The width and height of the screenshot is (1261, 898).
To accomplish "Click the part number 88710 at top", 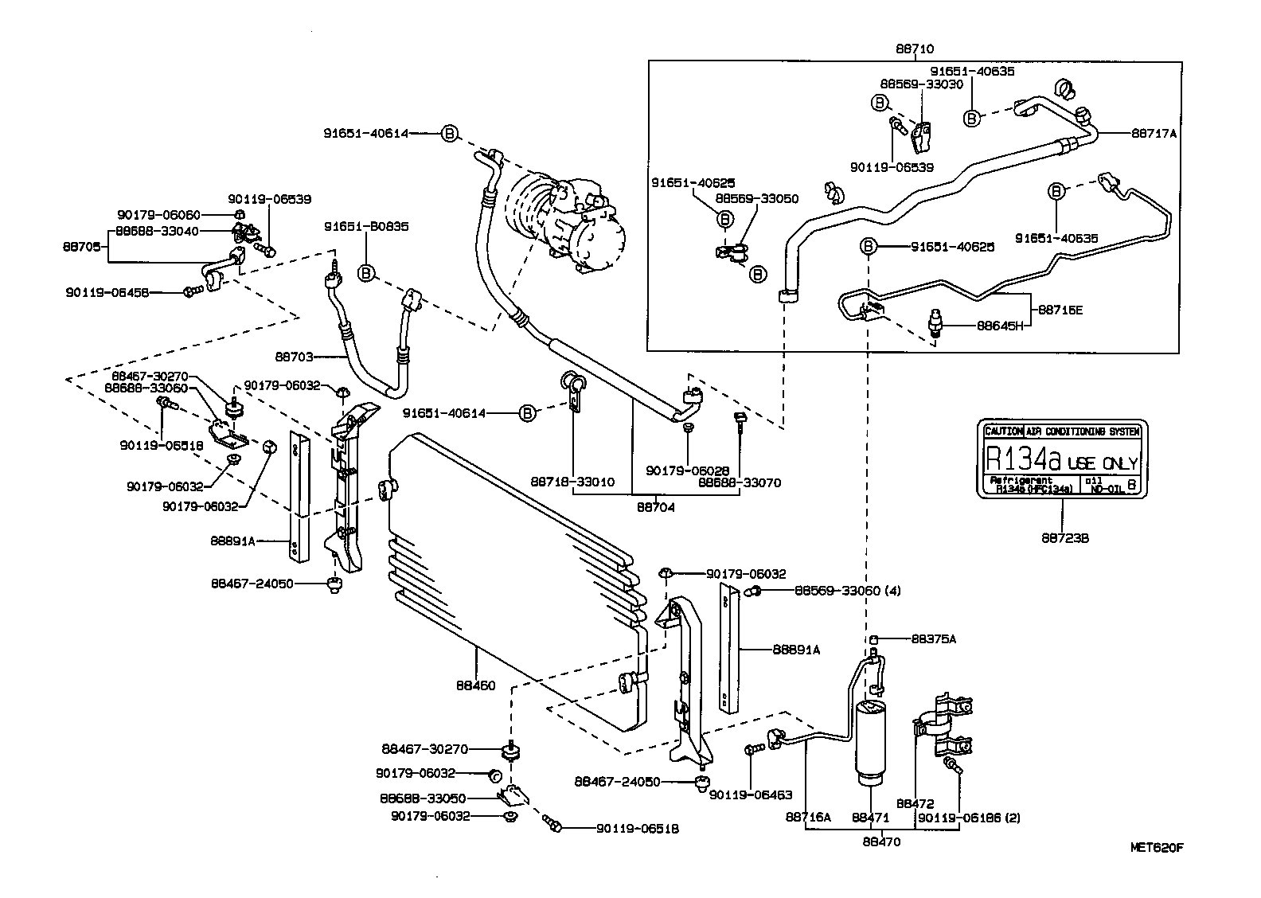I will (x=914, y=49).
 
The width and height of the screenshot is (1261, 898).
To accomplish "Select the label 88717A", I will (x=1154, y=134).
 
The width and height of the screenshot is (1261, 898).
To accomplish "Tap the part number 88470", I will (x=881, y=841).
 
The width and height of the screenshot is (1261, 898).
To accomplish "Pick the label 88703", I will (x=296, y=357).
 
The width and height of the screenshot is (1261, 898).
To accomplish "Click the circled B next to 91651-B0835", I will (x=366, y=273).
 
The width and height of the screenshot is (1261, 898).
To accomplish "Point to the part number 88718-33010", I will (x=572, y=482).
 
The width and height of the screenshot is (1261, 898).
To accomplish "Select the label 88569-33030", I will (x=921, y=84).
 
